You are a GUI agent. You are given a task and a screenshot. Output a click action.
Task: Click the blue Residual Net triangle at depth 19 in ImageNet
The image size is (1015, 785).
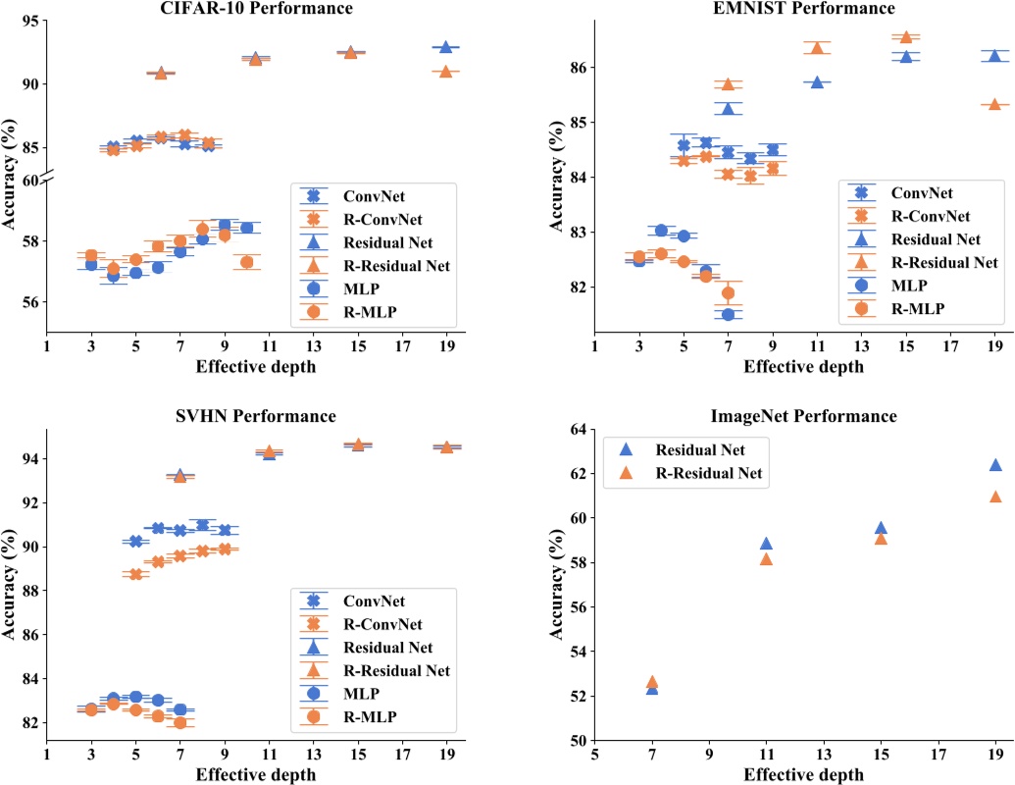coord(995,465)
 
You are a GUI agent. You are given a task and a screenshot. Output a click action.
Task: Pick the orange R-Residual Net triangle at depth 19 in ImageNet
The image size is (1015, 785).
coord(995,497)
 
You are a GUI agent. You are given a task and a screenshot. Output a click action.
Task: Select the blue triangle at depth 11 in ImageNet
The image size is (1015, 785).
coord(766,544)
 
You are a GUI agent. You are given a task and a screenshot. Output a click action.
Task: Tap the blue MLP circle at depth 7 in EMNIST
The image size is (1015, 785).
coord(728,314)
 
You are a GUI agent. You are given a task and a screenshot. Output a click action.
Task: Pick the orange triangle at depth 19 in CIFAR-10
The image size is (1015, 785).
coord(445,72)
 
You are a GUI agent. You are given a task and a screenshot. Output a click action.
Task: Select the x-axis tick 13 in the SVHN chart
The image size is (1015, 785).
coord(313,757)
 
